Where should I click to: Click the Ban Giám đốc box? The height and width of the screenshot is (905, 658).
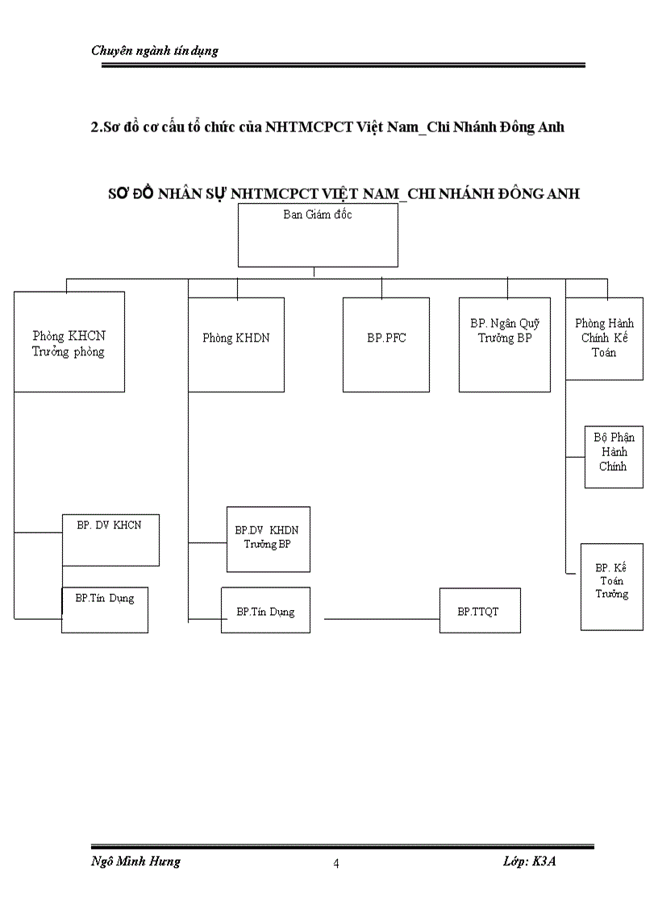(318, 235)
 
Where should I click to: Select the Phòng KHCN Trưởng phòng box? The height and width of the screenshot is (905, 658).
(69, 342)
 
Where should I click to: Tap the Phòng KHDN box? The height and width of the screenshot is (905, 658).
(236, 344)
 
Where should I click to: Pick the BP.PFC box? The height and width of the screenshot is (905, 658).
(386, 344)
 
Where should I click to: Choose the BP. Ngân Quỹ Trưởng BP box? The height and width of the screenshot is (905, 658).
(505, 344)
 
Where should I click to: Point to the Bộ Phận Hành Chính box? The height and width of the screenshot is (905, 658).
(614, 457)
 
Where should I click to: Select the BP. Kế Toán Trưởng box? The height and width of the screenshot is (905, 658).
(612, 586)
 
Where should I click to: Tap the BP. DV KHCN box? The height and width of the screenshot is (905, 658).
(110, 539)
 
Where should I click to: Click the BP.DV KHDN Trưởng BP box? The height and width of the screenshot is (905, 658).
(268, 539)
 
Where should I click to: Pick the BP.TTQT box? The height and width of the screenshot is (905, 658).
(480, 610)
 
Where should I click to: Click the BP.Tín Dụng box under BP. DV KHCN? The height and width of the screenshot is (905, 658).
(105, 609)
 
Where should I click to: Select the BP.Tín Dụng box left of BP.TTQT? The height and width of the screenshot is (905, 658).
(265, 610)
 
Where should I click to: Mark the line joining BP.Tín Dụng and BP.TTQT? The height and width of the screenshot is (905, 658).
(381, 619)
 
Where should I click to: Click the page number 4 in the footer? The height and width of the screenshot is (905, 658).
(336, 864)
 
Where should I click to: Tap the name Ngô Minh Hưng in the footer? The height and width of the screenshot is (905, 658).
(135, 861)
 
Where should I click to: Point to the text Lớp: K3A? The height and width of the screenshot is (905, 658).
(529, 861)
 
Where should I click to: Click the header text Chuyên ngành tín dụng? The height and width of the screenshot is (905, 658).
(155, 51)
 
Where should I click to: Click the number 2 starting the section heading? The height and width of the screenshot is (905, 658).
(95, 127)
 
